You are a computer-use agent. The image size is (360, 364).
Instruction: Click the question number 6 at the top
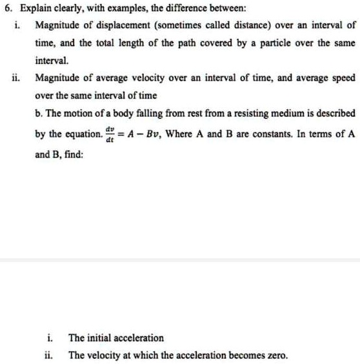click(6, 8)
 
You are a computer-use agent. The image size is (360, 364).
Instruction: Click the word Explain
click(34, 8)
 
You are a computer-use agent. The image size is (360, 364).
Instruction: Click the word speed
click(341, 77)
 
